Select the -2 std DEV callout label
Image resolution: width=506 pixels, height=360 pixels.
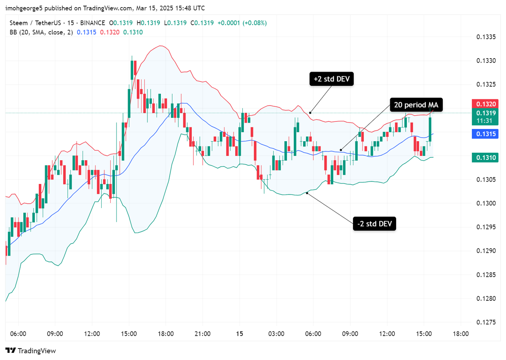tap(374, 224)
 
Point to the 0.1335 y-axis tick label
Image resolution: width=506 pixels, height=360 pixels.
tap(485, 37)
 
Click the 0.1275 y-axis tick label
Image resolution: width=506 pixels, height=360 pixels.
tap(485, 322)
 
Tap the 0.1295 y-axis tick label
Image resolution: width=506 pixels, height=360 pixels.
tap(485, 227)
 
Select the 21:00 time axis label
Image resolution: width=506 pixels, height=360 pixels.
tap(202, 334)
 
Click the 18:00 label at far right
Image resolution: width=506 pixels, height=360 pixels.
tap(461, 334)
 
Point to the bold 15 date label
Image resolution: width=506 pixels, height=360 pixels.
tap(239, 334)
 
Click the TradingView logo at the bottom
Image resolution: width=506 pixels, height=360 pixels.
tap(31, 351)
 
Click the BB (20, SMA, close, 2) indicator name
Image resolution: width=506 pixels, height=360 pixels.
tap(41, 32)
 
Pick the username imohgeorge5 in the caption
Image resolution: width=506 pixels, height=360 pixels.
tap(23, 8)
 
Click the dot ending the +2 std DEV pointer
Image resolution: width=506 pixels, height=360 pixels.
tap(310, 113)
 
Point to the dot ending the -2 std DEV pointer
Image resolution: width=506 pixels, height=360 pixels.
tap(308, 193)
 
